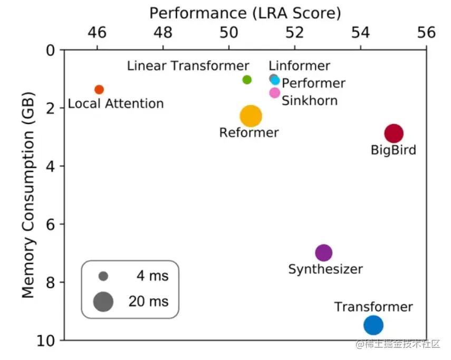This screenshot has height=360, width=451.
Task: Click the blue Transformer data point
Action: click(x=373, y=325)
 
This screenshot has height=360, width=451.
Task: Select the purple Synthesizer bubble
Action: click(x=323, y=252)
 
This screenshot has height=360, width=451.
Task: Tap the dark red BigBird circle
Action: click(x=394, y=133)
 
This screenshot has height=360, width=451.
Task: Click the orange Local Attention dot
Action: click(x=99, y=90)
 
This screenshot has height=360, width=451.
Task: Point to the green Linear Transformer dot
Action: click(x=247, y=80)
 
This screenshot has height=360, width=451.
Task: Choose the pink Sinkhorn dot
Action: click(x=274, y=93)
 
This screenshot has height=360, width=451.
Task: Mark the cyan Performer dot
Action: click(x=276, y=81)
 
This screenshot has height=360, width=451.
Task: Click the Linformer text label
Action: click(x=299, y=66)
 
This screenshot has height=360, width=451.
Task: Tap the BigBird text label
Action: click(x=394, y=150)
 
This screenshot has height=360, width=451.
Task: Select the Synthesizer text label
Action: click(x=325, y=269)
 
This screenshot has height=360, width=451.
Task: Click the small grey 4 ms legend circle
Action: click(x=103, y=276)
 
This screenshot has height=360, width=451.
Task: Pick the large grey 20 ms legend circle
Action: click(x=103, y=301)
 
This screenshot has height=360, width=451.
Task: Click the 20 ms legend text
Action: click(x=148, y=301)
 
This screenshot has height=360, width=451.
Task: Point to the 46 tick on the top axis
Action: click(x=97, y=33)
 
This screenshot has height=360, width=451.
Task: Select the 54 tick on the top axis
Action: click(x=360, y=33)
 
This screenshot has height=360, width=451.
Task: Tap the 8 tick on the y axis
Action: click(x=52, y=283)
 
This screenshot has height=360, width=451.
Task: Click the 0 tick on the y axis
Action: click(x=52, y=50)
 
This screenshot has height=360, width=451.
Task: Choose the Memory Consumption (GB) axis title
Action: click(x=28, y=195)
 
